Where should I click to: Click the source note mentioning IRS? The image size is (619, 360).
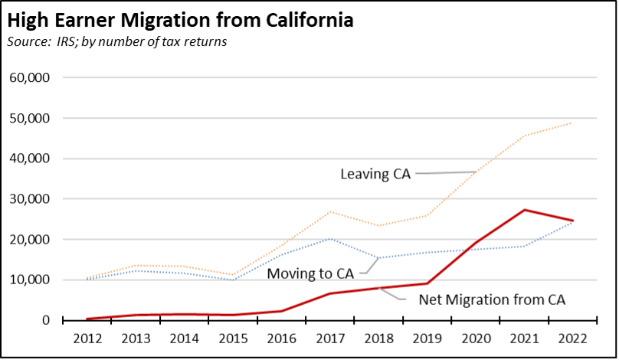click(118, 41)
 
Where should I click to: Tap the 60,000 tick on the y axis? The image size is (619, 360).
click(29, 78)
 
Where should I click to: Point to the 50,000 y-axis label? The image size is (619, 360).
click(29, 119)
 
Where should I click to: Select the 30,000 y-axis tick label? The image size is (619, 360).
click(29, 199)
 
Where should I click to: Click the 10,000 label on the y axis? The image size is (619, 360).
click(29, 280)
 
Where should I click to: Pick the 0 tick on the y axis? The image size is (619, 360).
click(46, 320)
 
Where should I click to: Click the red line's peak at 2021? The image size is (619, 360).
click(524, 210)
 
